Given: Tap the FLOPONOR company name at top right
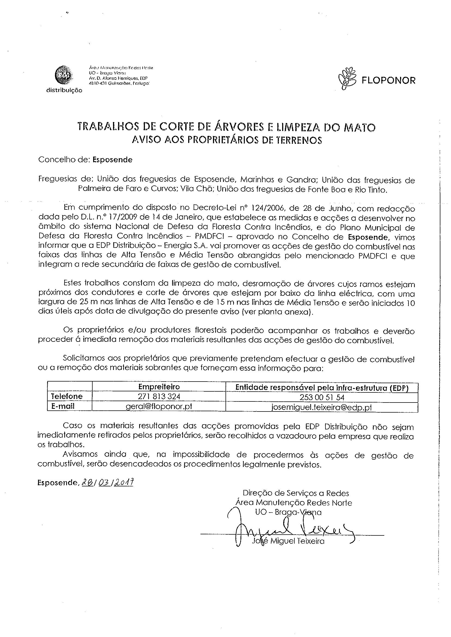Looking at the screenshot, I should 389,81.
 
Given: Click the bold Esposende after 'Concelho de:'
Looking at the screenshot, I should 112,160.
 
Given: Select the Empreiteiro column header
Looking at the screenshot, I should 159,387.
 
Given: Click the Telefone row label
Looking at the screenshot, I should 67,396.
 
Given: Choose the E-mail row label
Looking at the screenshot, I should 63,406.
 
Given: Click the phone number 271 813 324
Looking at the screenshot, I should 159,397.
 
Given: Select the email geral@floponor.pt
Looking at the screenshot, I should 159,407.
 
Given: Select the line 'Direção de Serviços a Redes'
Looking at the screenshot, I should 296,493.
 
